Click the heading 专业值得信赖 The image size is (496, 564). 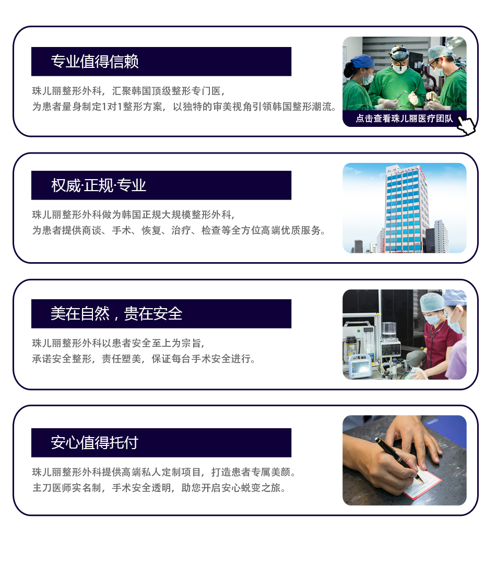pos(95,62)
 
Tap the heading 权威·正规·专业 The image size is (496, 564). pos(99,185)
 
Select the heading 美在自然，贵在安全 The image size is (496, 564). pos(116,314)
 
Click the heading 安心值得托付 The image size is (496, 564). pos(95,442)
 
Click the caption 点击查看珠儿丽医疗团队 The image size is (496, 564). pos(404,119)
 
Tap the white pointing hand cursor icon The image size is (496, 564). pos(467,125)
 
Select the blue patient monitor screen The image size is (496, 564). pos(360,367)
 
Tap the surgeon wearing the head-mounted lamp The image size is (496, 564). pos(397,77)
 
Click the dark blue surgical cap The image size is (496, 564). pos(362,61)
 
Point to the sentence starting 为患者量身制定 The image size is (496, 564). pos(185,107)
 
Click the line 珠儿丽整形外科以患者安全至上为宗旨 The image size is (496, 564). pos(119,343)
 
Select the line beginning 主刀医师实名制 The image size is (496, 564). pos(160,488)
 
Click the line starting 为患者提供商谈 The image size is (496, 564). pos(179,230)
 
